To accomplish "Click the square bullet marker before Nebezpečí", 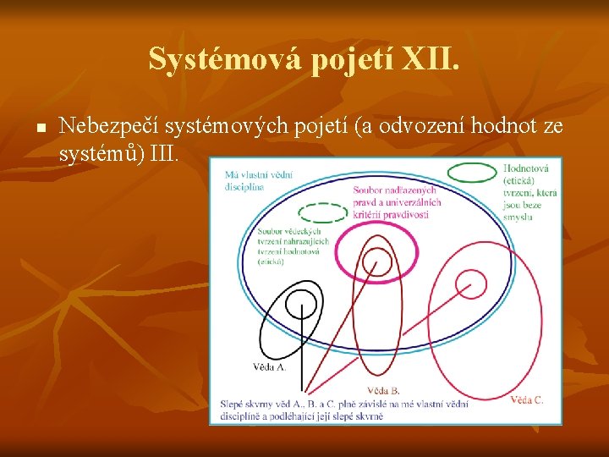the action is (39, 129).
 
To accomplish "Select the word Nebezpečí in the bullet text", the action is (109, 128).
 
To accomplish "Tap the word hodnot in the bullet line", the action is (501, 128).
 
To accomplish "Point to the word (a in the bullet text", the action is (365, 128).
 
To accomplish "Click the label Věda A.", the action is (270, 367).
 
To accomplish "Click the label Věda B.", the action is (383, 390).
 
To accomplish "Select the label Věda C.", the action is (527, 399).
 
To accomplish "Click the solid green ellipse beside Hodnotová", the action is (472, 172).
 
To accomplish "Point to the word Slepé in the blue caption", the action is (232, 404).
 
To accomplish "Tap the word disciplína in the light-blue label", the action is (245, 186).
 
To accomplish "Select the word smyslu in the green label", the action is (517, 217).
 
